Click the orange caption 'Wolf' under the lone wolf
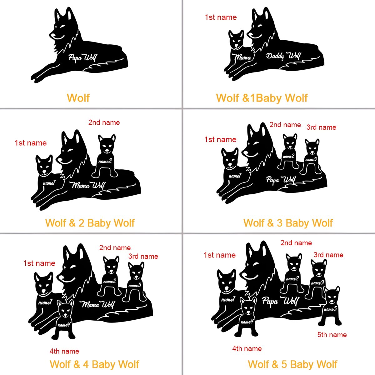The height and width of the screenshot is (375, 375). (78, 98)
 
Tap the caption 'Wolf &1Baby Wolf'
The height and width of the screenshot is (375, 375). (262, 98)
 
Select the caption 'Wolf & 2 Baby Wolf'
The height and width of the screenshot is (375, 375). (90, 223)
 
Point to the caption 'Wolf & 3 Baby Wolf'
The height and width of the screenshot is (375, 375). (288, 223)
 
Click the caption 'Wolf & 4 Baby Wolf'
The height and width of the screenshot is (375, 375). (94, 364)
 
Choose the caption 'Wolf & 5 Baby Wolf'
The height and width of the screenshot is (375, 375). (293, 364)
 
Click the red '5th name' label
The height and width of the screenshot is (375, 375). (332, 334)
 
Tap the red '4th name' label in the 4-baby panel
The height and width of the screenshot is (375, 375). (64, 351)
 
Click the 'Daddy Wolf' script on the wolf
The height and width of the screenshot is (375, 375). (283, 56)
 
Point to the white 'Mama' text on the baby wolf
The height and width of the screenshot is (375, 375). (242, 57)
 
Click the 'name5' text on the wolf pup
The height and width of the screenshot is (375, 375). (330, 309)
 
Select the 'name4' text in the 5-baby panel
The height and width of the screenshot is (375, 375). (247, 322)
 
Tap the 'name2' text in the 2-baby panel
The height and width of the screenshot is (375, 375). (105, 161)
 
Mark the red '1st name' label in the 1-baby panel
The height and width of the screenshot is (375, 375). (221, 17)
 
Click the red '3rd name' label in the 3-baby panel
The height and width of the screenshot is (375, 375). (321, 127)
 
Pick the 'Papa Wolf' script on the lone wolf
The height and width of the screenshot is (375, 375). (82, 57)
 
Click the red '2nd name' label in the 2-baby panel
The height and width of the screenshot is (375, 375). (104, 122)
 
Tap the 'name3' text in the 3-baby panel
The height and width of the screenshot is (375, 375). (311, 160)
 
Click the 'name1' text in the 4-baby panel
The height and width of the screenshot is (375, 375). (45, 302)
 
